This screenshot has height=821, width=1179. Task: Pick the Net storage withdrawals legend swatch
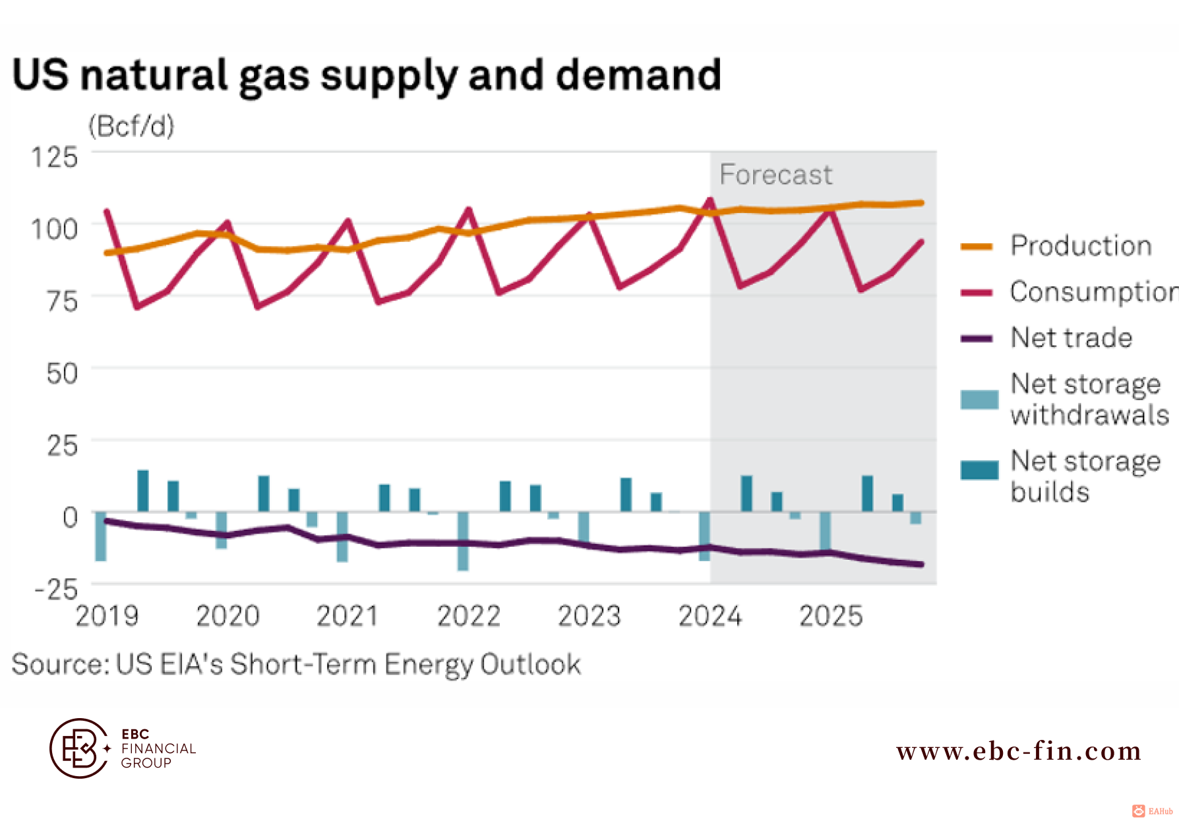click(979, 400)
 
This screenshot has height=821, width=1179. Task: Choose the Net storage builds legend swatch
click(979, 470)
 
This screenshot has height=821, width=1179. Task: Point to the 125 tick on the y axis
click(55, 158)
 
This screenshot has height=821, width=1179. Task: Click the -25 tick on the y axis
click(57, 589)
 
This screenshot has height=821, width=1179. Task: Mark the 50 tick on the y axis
click(62, 373)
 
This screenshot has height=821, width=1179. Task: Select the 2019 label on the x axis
click(107, 617)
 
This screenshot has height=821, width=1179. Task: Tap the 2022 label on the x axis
click(469, 617)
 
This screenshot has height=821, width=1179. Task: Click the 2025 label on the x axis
click(831, 617)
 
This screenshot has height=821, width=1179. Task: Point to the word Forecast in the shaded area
click(775, 175)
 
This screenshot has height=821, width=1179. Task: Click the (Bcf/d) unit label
click(131, 126)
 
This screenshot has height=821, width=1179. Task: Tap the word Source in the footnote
click(59, 664)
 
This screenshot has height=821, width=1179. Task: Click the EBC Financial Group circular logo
click(80, 748)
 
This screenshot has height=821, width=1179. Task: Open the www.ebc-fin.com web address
click(1019, 751)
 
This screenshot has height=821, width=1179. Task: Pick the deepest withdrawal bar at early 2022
click(463, 541)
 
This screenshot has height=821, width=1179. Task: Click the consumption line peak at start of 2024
click(710, 199)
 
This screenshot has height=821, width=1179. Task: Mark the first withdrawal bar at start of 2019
click(101, 536)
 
